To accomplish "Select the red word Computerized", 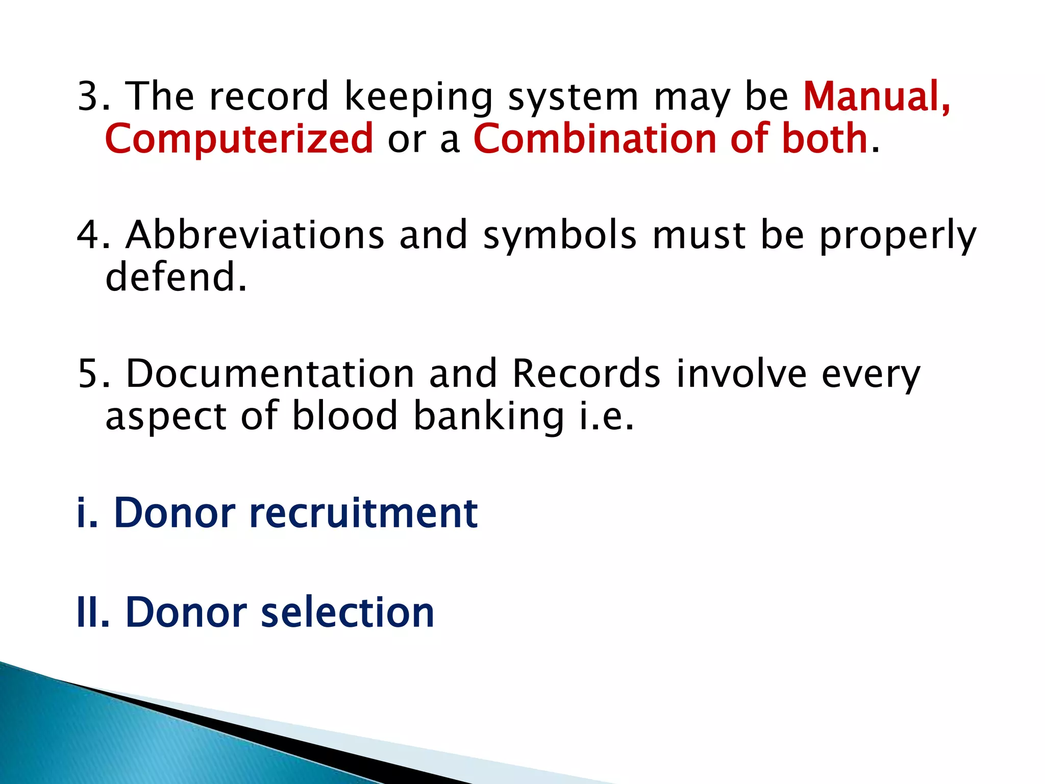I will coord(239,138).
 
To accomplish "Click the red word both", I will coord(825,138).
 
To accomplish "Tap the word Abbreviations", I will coord(255,235).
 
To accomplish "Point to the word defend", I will coord(171,277).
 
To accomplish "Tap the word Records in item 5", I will coord(586,374).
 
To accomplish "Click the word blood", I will coord(344,415).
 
